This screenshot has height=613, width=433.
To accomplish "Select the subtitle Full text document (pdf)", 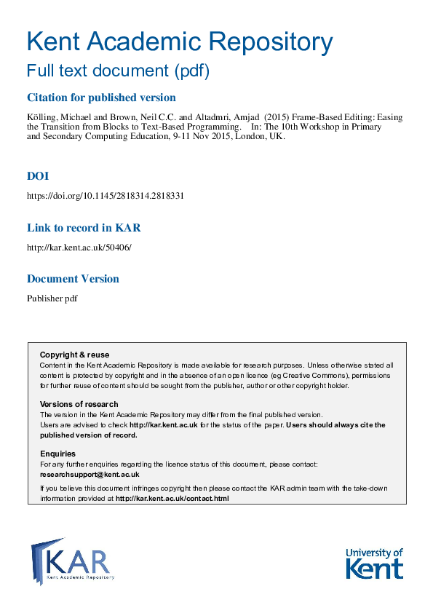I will (x=118, y=71).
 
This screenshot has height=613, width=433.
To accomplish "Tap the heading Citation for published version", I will (x=101, y=98).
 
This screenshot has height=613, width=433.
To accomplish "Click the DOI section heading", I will (x=38, y=176).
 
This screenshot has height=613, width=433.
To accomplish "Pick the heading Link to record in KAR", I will (x=84, y=228).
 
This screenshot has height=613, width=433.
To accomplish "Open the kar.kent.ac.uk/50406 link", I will (x=79, y=248).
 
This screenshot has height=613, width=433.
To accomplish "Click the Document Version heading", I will (x=73, y=279).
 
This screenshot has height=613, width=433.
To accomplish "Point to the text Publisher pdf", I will (x=52, y=298).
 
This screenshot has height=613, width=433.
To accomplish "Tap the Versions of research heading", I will (x=79, y=404).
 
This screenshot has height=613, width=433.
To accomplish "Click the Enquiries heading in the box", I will (x=57, y=454).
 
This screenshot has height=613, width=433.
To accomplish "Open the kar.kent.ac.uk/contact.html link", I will (x=172, y=499).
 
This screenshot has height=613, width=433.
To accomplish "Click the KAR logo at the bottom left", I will (x=72, y=561).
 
